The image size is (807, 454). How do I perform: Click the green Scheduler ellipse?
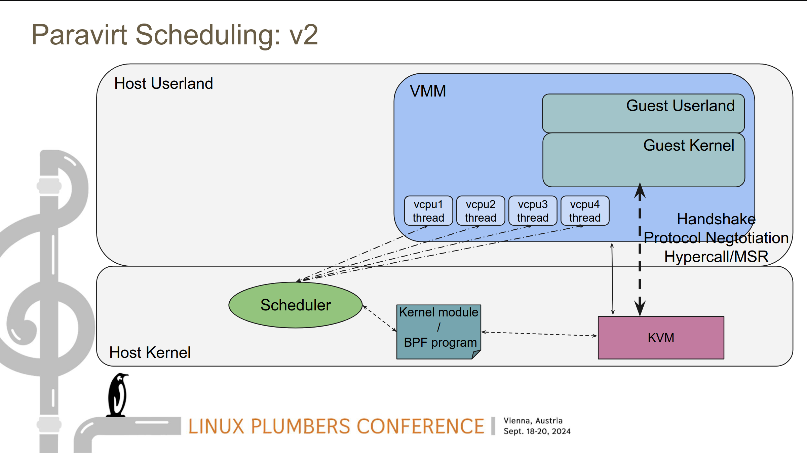296,305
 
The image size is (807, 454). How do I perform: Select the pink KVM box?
661,338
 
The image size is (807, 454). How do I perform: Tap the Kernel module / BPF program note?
439,332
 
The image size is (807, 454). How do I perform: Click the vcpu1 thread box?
428,211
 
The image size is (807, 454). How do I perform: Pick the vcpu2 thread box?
481,211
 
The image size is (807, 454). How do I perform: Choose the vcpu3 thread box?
533,211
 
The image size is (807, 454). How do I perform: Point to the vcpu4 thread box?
585,211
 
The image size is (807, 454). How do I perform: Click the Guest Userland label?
680,106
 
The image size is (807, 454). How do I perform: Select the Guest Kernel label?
689,145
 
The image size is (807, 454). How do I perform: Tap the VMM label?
428,91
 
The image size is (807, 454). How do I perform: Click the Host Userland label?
164,83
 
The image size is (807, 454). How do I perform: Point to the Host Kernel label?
150,352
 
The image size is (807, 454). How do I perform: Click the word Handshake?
716,219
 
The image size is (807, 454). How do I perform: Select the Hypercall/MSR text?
716,257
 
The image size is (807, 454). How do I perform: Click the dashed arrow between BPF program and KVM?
539,334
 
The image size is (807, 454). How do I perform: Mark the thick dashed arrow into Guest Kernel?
640,250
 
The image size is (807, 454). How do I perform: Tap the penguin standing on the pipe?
118,395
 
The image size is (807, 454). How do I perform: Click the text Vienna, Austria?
533,421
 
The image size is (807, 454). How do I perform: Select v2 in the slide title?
304,35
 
